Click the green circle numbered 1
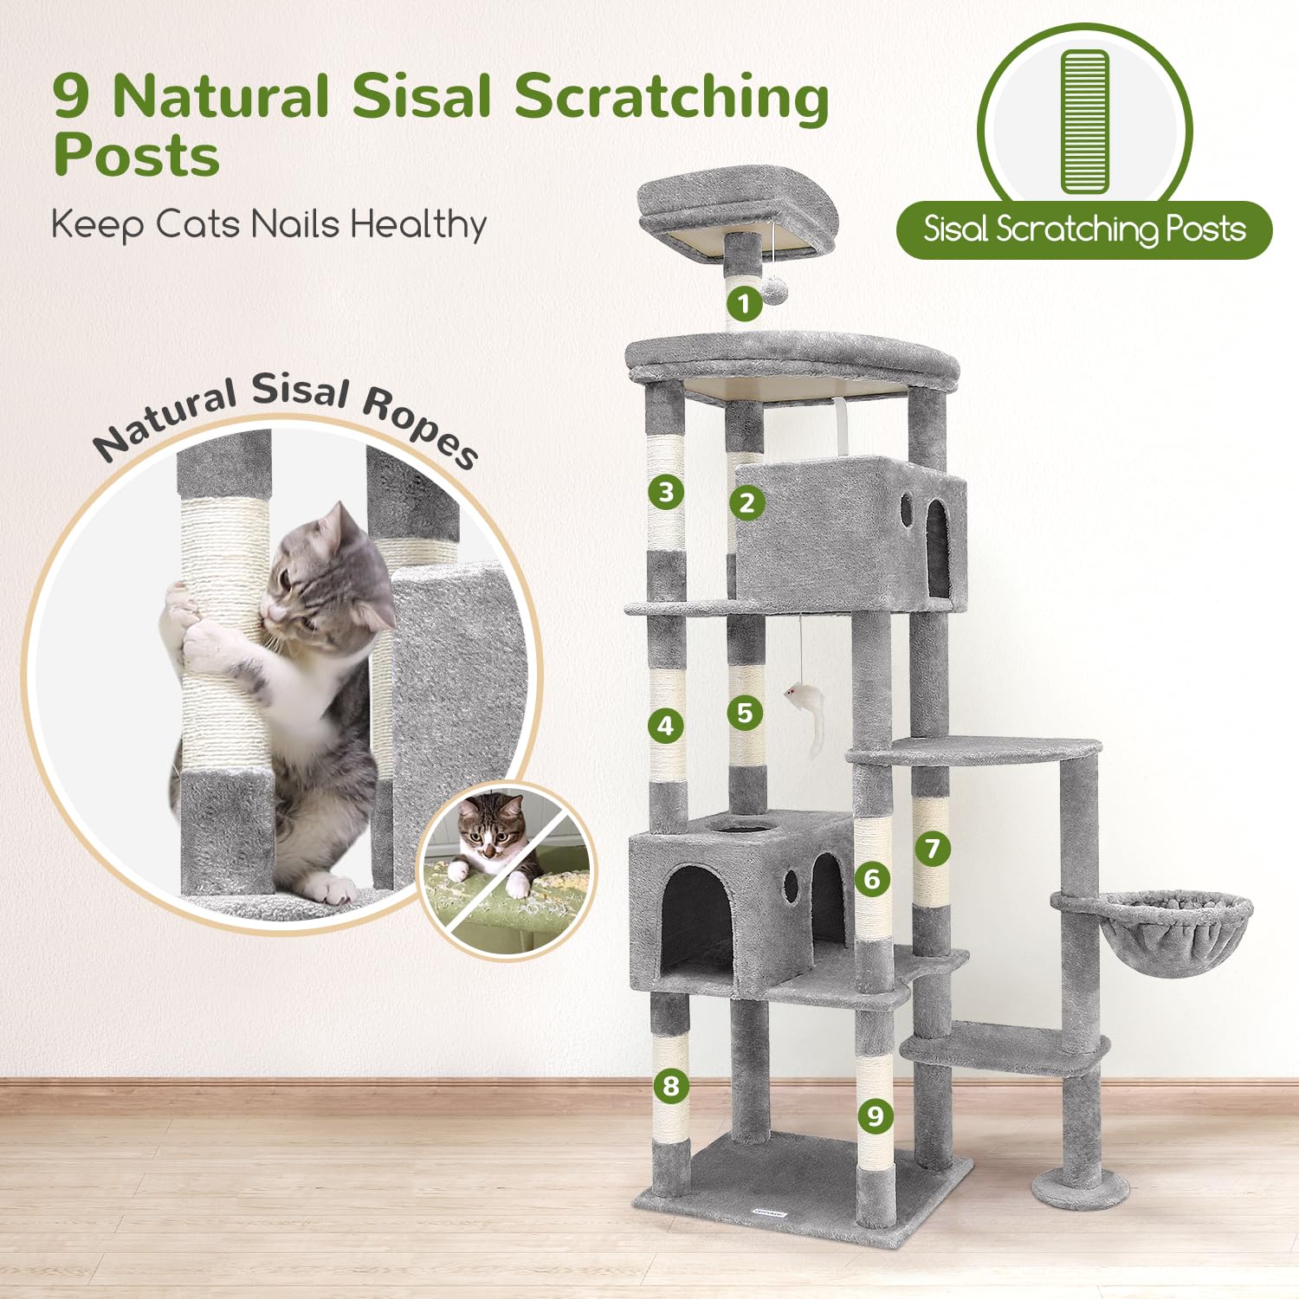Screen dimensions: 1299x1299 point(743,304)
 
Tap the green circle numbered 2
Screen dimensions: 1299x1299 point(746,502)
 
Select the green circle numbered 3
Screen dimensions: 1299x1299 point(666,493)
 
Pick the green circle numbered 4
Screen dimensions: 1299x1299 point(665,725)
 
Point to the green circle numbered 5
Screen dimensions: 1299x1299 point(745,714)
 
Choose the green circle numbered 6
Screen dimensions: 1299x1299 point(872,879)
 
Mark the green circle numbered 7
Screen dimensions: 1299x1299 point(933,849)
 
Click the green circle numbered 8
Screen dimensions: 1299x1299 point(670,1085)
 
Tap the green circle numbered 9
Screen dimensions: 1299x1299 point(876,1115)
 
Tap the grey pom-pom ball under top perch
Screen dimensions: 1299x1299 point(773,289)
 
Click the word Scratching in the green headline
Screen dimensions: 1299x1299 point(672,97)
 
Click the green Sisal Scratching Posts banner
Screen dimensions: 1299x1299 point(1084,229)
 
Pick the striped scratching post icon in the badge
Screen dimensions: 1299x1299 point(1084,121)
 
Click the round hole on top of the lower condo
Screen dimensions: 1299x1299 point(739,828)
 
